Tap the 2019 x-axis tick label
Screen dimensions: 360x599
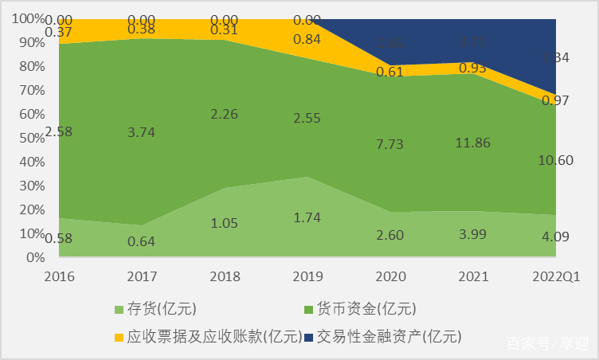(307, 276)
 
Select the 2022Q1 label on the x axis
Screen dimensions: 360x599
(554, 276)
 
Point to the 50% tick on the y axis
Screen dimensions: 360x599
(31, 139)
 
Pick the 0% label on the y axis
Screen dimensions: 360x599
(34, 258)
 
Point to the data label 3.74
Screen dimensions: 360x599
(141, 133)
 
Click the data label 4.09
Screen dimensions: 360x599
(556, 236)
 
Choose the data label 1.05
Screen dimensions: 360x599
(225, 224)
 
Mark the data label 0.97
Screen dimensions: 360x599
(555, 101)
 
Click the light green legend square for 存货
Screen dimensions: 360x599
(119, 309)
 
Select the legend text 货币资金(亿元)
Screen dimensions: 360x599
(367, 309)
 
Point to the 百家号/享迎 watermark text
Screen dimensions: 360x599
(548, 344)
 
